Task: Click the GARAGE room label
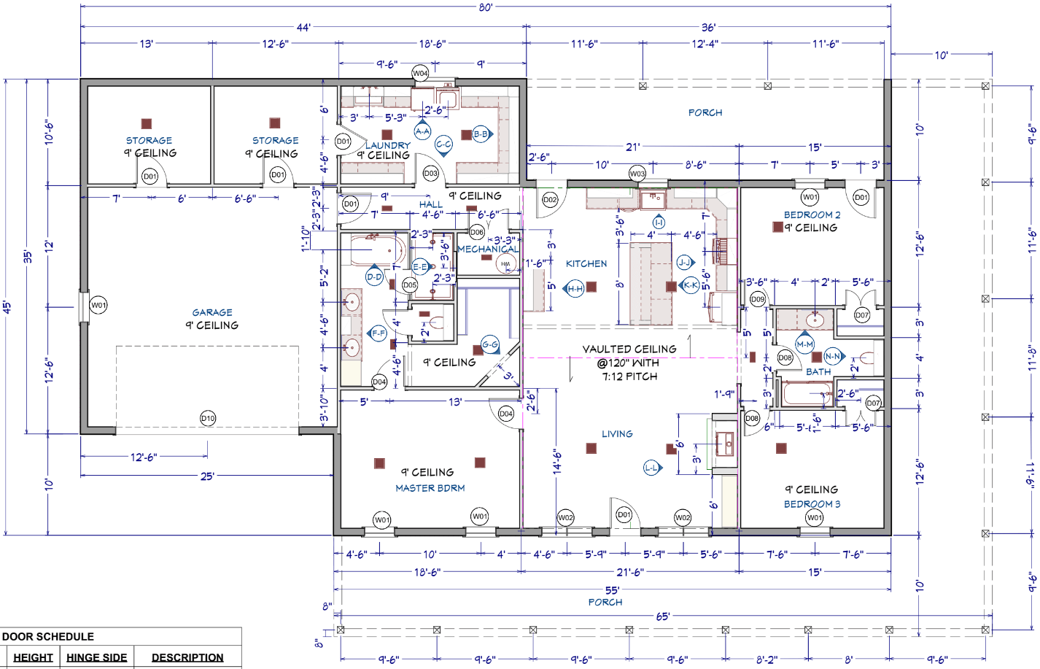pos(212,312)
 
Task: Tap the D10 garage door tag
pos(208,418)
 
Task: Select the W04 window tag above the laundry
pos(420,73)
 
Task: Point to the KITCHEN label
pos(586,263)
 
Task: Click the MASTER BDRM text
pos(430,488)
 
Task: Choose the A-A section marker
pos(422,131)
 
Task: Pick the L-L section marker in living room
pos(652,468)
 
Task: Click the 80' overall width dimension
pos(486,7)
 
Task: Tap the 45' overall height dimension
pos(7,306)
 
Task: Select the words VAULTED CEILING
pos(629,349)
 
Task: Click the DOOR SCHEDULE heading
pos(48,636)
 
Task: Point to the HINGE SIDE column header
pos(96,657)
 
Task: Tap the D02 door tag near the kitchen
pos(550,199)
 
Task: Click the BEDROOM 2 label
pos(812,214)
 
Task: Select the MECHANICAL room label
pos(488,249)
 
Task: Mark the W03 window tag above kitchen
pos(637,174)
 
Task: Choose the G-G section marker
pos(490,344)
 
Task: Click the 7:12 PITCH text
pos(629,376)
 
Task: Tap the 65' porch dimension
pos(662,616)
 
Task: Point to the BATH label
pos(818,371)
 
